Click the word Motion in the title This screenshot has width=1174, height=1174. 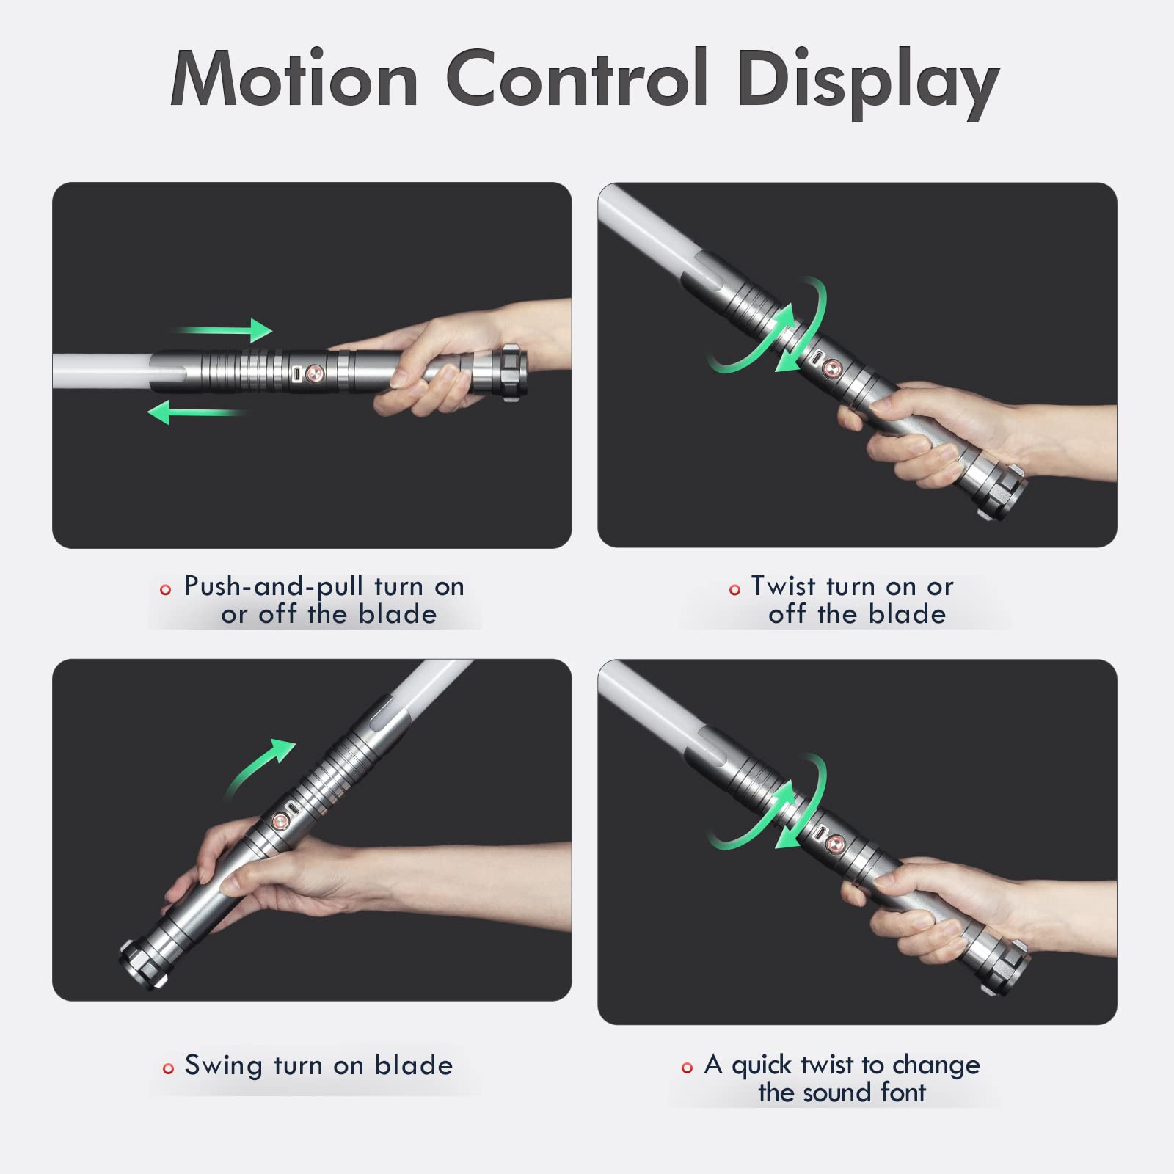[x=294, y=79]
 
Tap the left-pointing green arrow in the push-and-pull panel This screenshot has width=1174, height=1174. [x=194, y=412]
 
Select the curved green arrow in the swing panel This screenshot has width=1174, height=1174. [x=258, y=767]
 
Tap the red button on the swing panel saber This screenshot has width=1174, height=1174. [x=280, y=823]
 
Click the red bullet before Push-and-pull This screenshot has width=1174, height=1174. [x=165, y=590]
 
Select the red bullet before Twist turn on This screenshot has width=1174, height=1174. [x=734, y=590]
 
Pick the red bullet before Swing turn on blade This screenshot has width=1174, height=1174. [x=168, y=1068]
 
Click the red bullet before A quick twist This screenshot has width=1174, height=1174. [x=687, y=1068]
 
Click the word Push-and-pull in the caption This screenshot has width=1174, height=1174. [x=273, y=587]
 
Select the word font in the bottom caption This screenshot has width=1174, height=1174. [x=903, y=1093]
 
